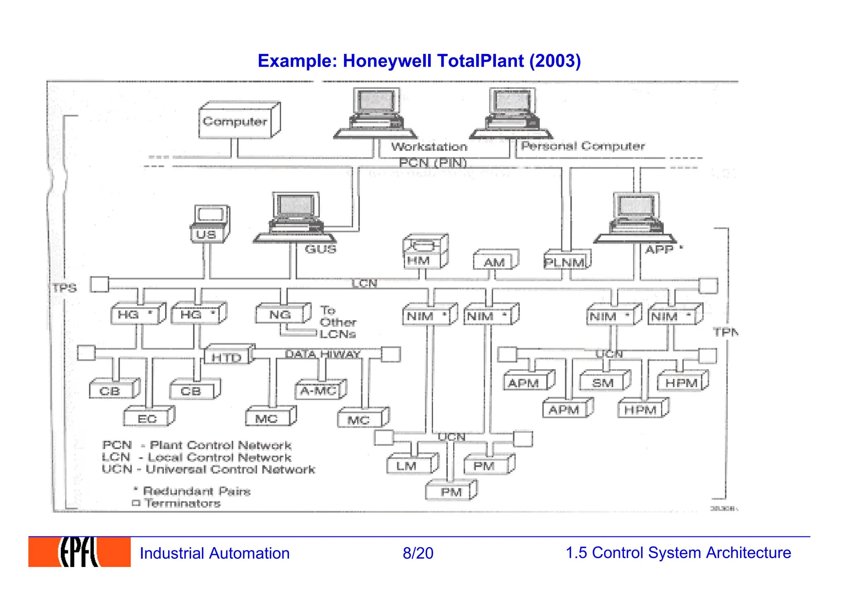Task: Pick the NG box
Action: coord(280,315)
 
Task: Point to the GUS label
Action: coord(320,249)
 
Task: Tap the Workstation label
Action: coord(429,147)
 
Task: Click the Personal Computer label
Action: coord(582,146)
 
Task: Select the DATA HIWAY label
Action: coord(323,354)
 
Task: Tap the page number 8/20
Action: coord(418,553)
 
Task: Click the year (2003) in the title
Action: coord(555,61)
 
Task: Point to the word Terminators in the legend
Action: coord(183,503)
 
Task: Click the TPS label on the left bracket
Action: coord(65,288)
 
